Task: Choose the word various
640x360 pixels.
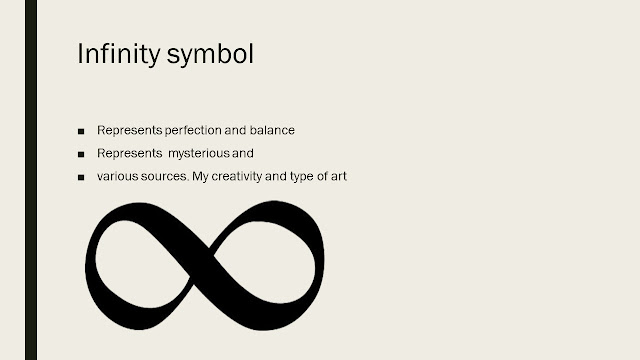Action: click(116, 178)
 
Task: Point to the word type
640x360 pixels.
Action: click(300, 178)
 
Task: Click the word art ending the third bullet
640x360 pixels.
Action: click(338, 178)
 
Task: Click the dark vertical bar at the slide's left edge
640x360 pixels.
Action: click(30, 180)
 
